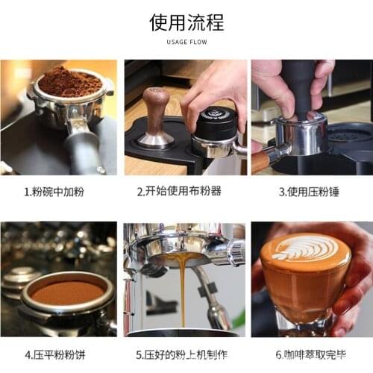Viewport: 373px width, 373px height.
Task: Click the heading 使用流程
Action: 186,22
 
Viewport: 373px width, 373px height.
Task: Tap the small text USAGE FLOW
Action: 186,42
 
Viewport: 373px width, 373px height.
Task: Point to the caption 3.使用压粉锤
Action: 309,192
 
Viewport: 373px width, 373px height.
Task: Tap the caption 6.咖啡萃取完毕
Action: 310,354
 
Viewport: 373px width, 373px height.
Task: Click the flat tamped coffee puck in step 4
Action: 68,292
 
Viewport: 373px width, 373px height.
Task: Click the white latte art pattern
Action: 304,248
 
